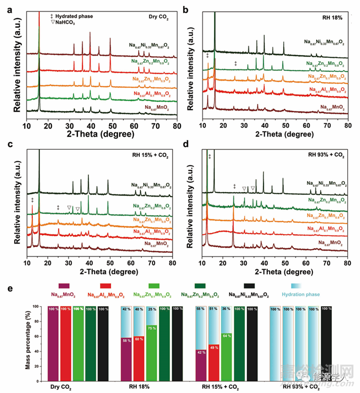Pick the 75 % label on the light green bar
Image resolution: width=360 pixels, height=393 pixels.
[x=150, y=328]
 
